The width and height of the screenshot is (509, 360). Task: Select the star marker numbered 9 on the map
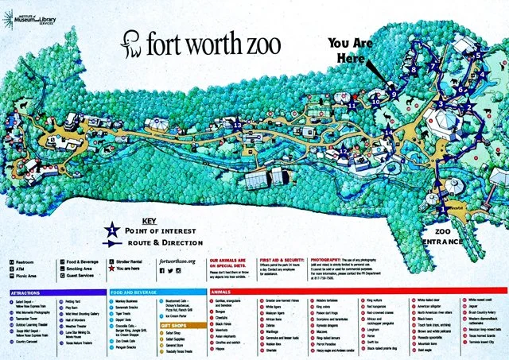click(x=393, y=94)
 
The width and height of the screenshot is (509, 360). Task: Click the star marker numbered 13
click(x=237, y=125)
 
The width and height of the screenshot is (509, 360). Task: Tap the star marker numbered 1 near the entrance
click(x=442, y=207)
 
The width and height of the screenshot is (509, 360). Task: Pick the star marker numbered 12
click(x=343, y=151)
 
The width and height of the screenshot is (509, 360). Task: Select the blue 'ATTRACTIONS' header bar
click(x=52, y=292)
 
